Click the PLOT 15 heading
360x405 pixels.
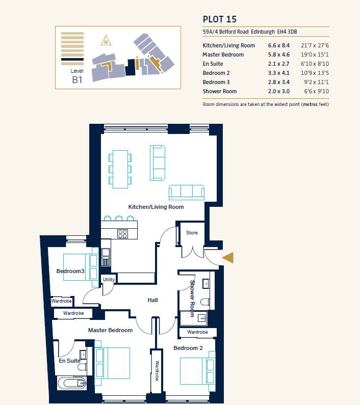(x=220, y=19)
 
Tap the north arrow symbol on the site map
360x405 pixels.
(x=106, y=41)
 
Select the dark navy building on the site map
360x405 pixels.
(x=131, y=67)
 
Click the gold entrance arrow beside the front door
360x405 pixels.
(x=227, y=257)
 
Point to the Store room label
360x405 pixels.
(x=192, y=233)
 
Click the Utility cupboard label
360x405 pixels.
(x=109, y=280)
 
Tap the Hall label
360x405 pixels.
(x=152, y=300)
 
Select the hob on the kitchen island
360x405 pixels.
(x=122, y=234)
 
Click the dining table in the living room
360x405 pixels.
(x=120, y=169)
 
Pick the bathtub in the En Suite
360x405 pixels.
(x=72, y=383)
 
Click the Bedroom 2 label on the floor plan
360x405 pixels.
(x=188, y=348)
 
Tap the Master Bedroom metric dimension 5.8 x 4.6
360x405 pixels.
(x=279, y=55)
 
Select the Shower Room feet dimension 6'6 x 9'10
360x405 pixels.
(x=317, y=91)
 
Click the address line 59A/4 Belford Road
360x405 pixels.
(x=225, y=32)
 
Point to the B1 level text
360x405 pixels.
(x=77, y=80)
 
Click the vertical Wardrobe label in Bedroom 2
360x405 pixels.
(x=157, y=371)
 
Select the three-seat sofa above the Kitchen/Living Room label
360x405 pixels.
(x=187, y=193)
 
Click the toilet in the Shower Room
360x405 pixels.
(x=205, y=302)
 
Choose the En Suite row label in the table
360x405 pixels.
(x=213, y=64)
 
